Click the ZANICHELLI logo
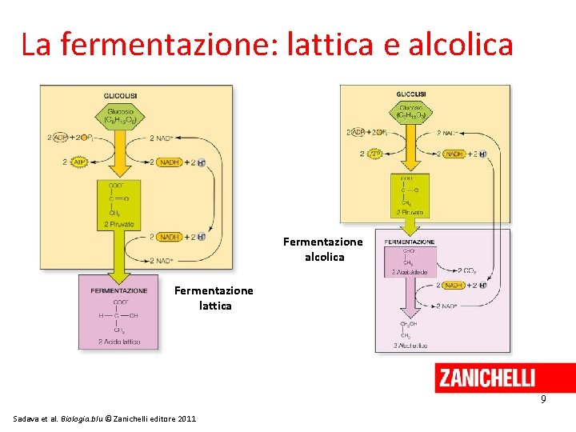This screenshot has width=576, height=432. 487,378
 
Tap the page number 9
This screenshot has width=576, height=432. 542,398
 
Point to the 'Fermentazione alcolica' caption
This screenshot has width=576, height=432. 323,249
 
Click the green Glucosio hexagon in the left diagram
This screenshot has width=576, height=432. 120,116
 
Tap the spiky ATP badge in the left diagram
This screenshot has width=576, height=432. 78,162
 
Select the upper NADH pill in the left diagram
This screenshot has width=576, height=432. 170,162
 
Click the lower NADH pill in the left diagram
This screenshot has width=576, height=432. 170,237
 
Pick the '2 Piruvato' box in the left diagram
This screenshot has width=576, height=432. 119,204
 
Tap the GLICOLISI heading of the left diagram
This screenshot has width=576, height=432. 120,97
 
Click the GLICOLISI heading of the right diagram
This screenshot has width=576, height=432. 411,94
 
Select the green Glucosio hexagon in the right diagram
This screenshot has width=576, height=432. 411,112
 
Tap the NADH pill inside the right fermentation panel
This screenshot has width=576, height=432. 454,285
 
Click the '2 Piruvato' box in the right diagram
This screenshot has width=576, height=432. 410,196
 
